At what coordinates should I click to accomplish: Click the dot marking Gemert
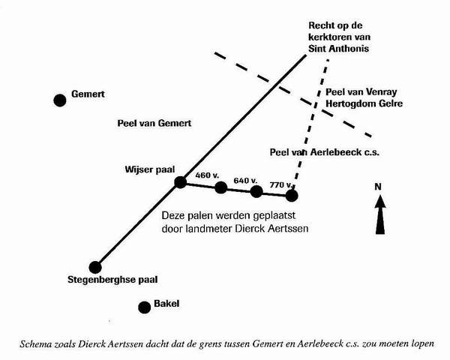pyautogui.click(x=60, y=100)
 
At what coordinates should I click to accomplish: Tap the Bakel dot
pyautogui.click(x=143, y=306)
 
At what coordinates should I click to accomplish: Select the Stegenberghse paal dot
pyautogui.click(x=95, y=266)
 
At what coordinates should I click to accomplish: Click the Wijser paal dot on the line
pyautogui.click(x=180, y=181)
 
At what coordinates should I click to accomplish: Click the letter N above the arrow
pyautogui.click(x=379, y=186)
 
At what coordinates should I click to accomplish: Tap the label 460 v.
pyautogui.click(x=205, y=175)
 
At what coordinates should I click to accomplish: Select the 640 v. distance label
pyautogui.click(x=245, y=180)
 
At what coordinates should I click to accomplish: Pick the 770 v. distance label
pyautogui.click(x=280, y=184)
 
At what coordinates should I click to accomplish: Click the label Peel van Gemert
pyautogui.click(x=156, y=123)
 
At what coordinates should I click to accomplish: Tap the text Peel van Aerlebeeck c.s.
pyautogui.click(x=325, y=152)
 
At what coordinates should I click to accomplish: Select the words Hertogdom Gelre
pyautogui.click(x=364, y=103)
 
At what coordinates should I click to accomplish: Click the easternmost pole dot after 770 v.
pyautogui.click(x=292, y=196)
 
